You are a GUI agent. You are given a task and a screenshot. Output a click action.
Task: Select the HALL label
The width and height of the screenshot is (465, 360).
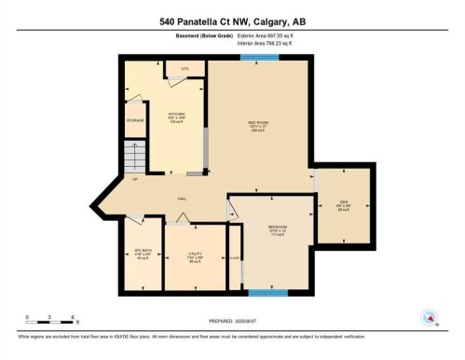pyautogui.click(x=185, y=199)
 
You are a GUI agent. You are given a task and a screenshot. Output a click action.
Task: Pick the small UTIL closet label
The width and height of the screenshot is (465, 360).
pyautogui.click(x=185, y=69)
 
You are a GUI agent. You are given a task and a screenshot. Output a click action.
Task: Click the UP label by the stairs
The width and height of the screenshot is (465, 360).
pyautogui.click(x=135, y=179)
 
